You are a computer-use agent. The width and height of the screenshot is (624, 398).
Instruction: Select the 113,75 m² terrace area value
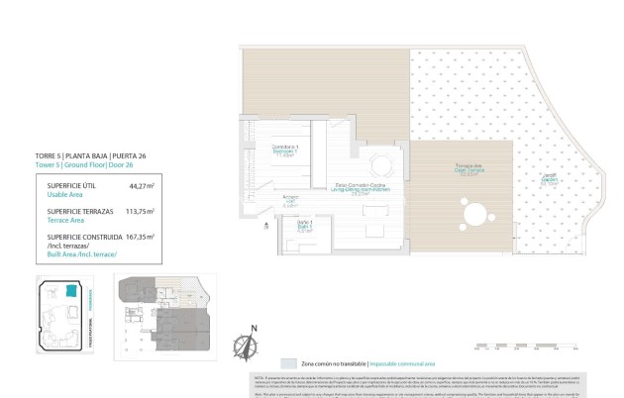click(x=140, y=211)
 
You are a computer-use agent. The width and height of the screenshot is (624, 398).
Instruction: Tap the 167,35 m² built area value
click(x=140, y=238)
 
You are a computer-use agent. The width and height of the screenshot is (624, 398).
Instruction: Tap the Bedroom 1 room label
click(x=286, y=151)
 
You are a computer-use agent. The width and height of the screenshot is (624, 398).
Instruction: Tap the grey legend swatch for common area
click(x=288, y=363)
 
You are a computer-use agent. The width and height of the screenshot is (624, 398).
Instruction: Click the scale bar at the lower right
click(x=526, y=346)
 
